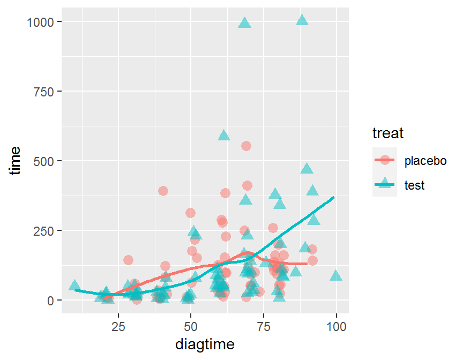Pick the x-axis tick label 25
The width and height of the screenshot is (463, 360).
(118, 326)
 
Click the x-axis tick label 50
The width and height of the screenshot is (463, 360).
(191, 326)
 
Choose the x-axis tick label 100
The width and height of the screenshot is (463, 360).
(336, 326)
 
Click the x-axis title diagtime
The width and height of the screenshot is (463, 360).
(205, 344)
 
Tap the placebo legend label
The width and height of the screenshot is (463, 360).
(425, 161)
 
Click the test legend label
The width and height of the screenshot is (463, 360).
(415, 185)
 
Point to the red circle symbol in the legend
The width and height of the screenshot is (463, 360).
(384, 160)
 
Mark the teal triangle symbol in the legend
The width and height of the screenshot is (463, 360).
(384, 185)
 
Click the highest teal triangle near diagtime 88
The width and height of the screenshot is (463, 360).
(302, 20)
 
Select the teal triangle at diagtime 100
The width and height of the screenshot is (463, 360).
(336, 276)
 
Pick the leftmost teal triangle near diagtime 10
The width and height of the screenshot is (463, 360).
(74, 285)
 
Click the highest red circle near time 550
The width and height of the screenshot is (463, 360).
(246, 146)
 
